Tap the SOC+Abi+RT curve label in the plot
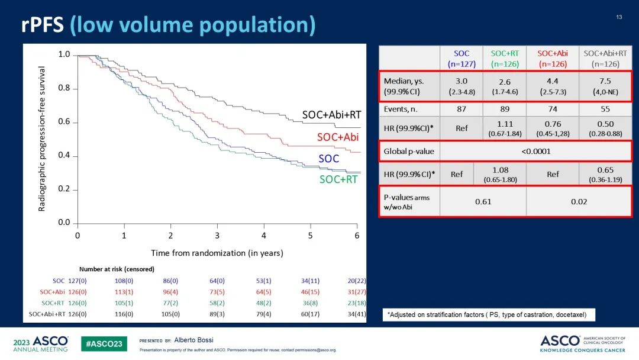(x=331, y=115)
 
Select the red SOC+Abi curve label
(x=338, y=137)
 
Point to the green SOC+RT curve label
(x=338, y=179)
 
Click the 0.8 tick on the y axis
(x=64, y=88)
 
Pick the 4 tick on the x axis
(x=264, y=235)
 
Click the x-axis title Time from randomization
(x=217, y=253)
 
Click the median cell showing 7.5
(x=605, y=81)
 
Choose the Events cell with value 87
(x=461, y=109)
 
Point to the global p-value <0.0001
(x=535, y=151)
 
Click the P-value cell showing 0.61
(x=483, y=201)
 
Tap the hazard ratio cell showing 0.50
(x=605, y=126)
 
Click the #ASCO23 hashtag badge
(x=104, y=344)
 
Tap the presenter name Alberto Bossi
(x=194, y=340)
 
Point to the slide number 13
(x=619, y=17)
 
